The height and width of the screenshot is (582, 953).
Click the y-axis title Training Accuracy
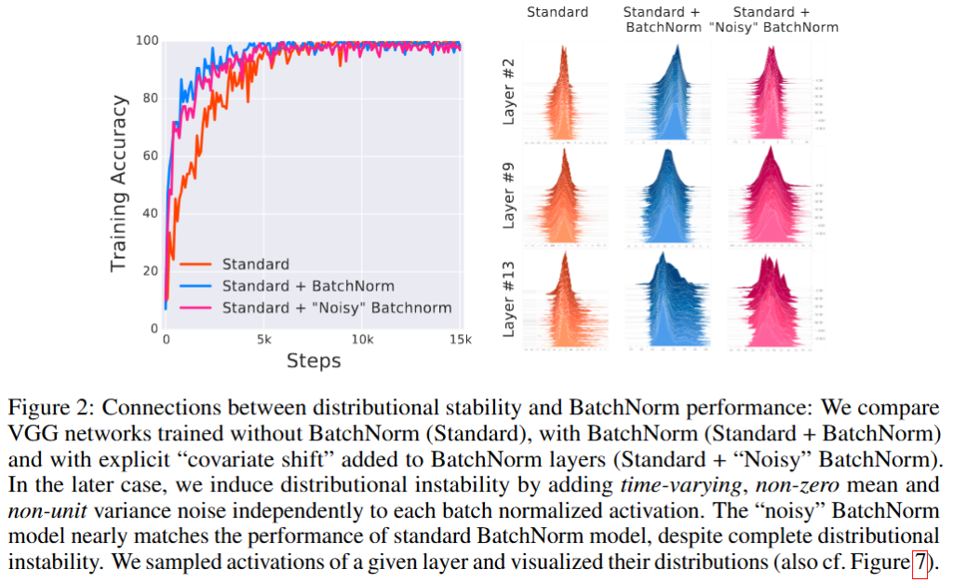(118, 183)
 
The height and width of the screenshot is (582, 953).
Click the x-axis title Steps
(313, 360)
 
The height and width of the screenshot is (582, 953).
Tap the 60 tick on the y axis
(149, 156)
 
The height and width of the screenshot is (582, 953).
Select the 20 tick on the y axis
(149, 271)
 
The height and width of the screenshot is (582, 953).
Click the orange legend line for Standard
(196, 264)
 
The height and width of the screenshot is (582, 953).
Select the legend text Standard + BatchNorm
(308, 286)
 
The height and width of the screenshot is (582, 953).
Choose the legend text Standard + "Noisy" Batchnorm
(336, 307)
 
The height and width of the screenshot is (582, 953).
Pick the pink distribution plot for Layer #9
(772, 195)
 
